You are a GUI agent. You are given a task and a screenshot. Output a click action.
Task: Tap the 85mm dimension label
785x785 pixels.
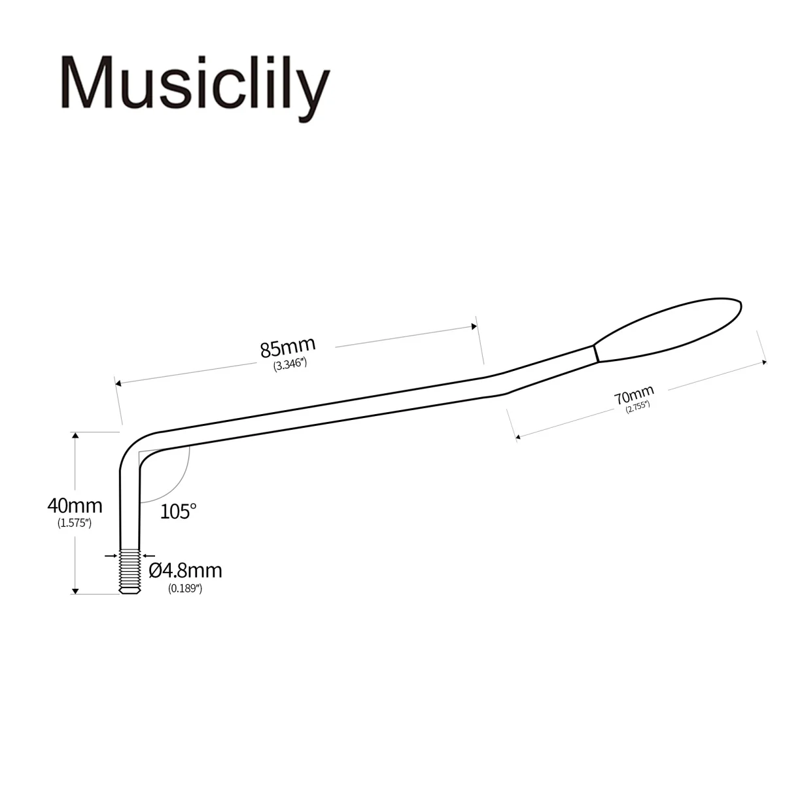coord(288,347)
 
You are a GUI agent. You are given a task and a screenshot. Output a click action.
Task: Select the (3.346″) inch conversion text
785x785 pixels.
coord(290,365)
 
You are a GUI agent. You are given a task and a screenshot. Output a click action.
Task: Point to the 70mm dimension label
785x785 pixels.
coord(633,396)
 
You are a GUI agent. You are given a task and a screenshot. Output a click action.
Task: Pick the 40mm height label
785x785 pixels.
coord(75,505)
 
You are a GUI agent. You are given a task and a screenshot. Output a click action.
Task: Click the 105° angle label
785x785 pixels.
coord(178,511)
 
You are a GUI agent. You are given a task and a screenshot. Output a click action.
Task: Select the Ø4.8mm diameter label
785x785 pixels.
coord(185,570)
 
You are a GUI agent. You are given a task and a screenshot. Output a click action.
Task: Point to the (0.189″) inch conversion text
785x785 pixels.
coord(185,588)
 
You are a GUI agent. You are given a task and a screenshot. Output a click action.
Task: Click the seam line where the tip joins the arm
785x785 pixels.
coord(597,353)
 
